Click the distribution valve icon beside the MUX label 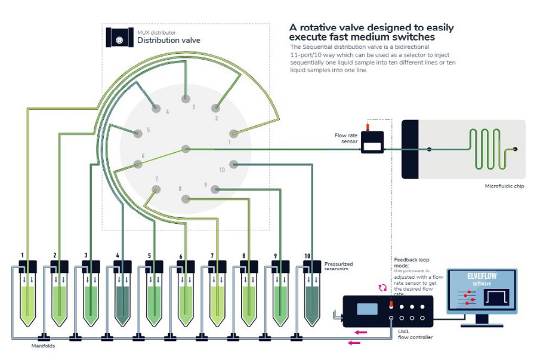pos(119,38)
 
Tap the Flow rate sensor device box pos(374,144)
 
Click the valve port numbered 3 pos(186,98)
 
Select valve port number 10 pos(233,163)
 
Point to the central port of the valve pos(186,149)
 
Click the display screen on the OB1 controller pos(367,309)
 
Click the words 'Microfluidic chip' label pos(505,186)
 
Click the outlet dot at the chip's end pos(516,149)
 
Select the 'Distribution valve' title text pos(169,41)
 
